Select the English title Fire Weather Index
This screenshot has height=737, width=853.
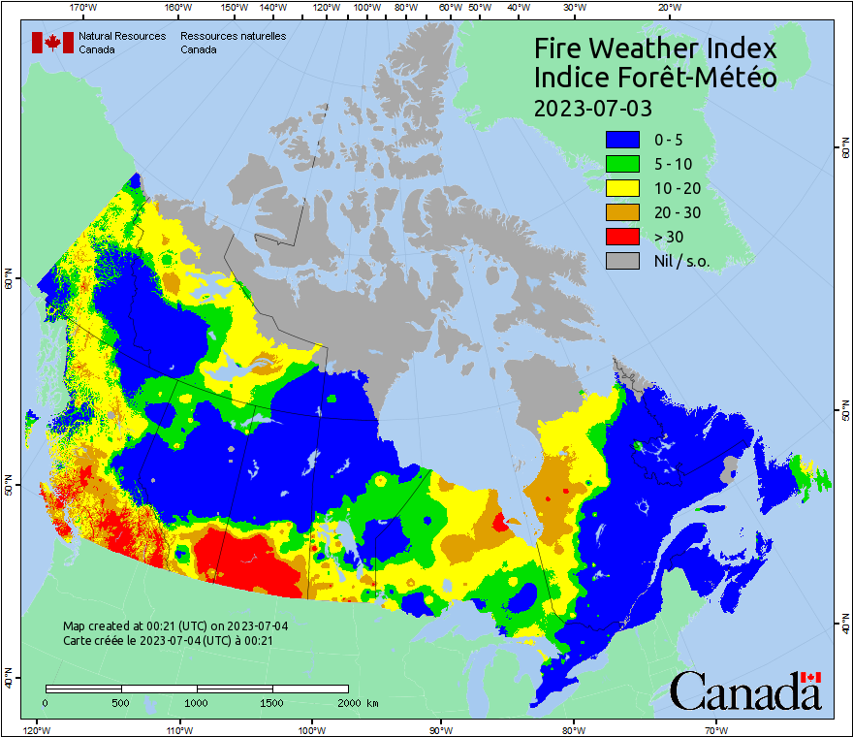point(655,48)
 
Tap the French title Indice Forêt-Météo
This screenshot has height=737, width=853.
point(655,78)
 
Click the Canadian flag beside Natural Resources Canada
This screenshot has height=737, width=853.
point(52,43)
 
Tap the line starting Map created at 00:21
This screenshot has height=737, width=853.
point(175,626)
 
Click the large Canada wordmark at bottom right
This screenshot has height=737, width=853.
point(745,690)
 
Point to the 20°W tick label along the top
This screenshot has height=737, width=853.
point(668,8)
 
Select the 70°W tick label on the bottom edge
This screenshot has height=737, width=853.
point(716,729)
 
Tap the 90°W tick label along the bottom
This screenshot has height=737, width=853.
point(441,729)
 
